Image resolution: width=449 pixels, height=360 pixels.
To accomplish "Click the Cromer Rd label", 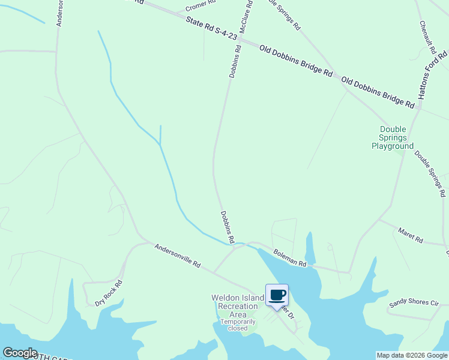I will point(200,6).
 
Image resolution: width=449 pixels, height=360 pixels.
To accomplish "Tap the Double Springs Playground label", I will point(393,137).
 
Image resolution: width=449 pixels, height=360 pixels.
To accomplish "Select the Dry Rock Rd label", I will point(109,293).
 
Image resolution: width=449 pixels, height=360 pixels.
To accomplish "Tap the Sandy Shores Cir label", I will point(414,304).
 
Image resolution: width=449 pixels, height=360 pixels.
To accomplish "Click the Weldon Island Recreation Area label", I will point(238,306).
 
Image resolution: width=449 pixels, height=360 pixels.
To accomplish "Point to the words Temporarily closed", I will point(234,325).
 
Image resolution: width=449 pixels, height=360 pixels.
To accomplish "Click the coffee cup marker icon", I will point(277,295).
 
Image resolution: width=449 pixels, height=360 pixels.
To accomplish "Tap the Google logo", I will point(20,353).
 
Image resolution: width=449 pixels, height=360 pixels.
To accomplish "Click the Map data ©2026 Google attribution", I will point(412,355).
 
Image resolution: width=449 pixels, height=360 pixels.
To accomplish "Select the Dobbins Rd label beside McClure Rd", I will point(235,61).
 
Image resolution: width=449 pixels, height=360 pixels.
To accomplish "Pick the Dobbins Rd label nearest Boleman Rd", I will point(227,226).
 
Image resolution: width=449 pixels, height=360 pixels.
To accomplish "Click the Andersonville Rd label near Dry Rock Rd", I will point(177,256).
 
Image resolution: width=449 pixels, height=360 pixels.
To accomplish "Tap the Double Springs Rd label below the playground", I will point(430,174).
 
